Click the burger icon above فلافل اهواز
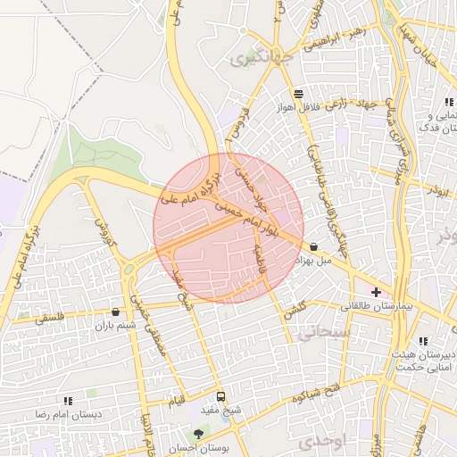point(297,93)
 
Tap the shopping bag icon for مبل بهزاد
point(313,246)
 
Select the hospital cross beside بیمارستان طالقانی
point(376,292)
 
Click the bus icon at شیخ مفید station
point(220,396)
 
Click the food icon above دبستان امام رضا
point(67,402)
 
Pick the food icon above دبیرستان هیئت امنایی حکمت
point(423,341)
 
